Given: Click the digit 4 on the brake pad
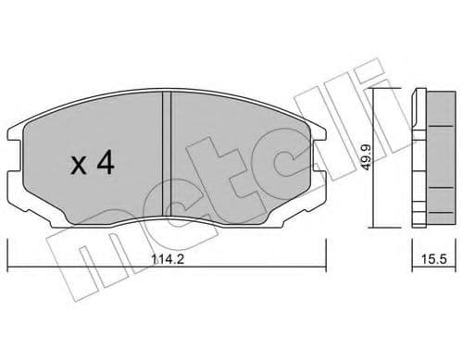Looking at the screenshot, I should tap(106, 166).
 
